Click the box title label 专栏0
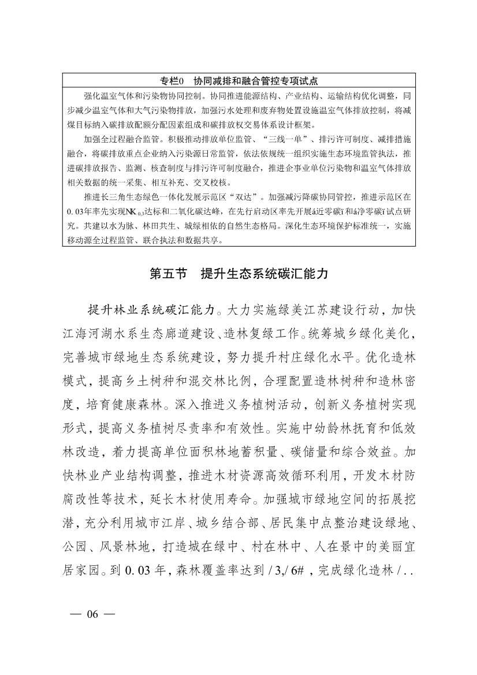[x=172, y=80]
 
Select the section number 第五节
[x=168, y=274]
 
